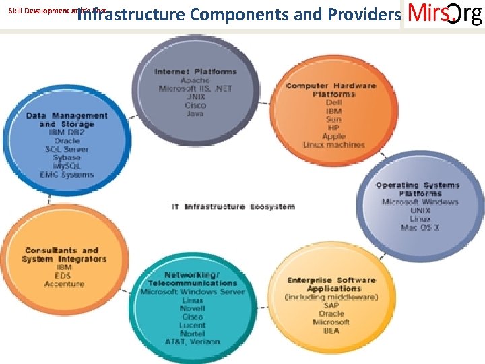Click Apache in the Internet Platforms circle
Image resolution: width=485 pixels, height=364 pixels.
point(195,80)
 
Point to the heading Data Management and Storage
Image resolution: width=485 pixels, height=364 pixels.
point(67,120)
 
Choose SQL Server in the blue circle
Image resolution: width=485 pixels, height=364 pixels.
point(67,149)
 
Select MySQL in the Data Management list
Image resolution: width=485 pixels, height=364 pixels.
point(67,166)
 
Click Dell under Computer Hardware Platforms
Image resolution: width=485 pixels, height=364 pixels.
point(333,103)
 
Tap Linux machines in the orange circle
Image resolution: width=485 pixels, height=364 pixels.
point(333,144)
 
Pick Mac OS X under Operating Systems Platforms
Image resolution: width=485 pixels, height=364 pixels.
point(420,227)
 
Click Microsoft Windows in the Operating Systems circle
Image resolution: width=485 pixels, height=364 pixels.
point(420,202)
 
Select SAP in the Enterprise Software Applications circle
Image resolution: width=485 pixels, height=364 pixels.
point(331,305)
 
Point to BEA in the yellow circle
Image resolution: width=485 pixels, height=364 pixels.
point(331,330)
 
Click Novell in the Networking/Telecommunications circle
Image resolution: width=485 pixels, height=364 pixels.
point(193,308)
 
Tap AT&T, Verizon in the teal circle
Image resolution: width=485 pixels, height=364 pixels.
point(193,341)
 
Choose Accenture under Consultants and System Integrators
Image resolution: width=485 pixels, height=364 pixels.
point(64,284)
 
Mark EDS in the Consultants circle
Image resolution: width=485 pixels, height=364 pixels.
point(64,276)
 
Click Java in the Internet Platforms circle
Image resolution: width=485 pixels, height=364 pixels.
point(195,113)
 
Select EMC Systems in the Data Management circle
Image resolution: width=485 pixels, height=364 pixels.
point(67,175)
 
